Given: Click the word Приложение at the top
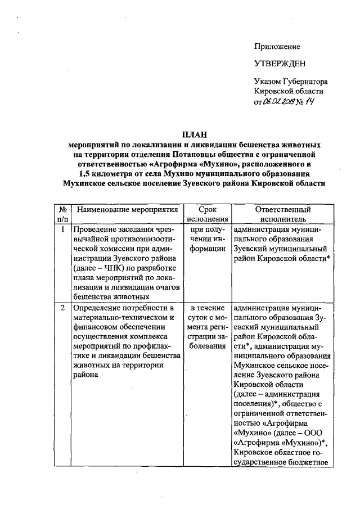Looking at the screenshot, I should point(277,47).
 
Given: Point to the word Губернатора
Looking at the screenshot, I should point(305,82).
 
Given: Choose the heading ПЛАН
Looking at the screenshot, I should point(194,134).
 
